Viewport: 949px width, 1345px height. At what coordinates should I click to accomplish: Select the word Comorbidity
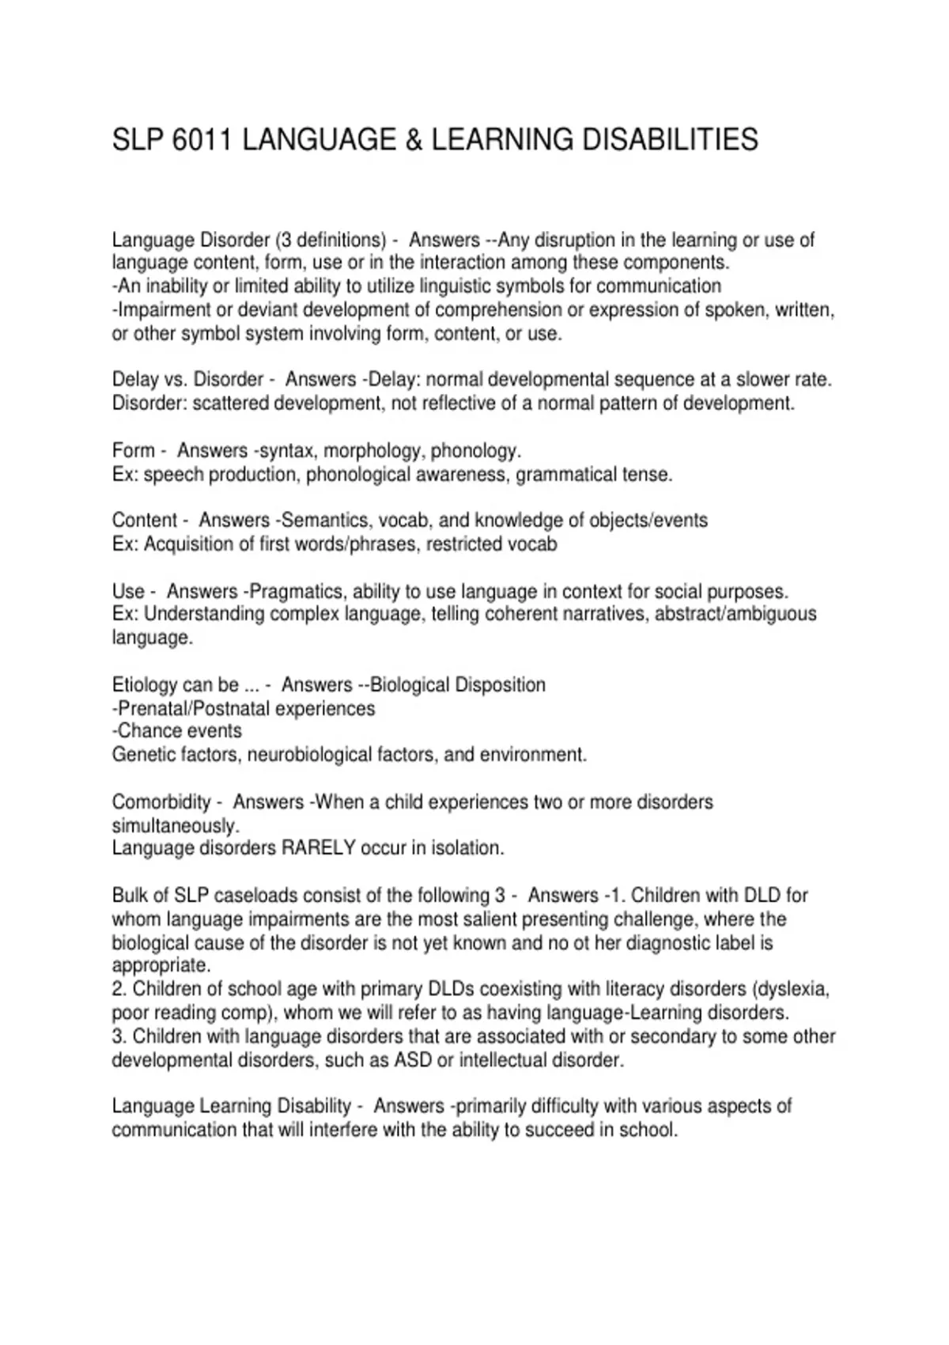point(161,802)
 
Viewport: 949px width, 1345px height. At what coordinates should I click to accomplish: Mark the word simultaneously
point(175,825)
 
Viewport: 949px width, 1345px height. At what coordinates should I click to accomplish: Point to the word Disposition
point(500,684)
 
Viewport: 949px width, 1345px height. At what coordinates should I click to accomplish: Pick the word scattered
point(230,403)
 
